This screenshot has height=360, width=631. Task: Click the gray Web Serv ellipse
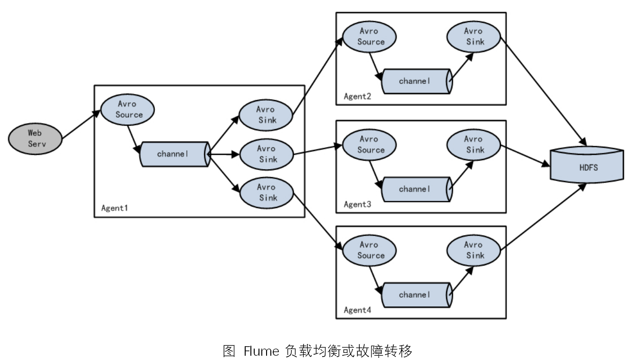[35, 138]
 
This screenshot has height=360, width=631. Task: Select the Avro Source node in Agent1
[129, 110]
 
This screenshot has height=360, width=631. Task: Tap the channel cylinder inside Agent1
[174, 154]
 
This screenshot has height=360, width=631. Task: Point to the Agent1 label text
[115, 208]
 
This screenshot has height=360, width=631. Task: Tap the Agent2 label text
[357, 96]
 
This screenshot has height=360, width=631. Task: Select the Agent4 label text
[357, 310]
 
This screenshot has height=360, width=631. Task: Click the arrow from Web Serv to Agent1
[81, 125]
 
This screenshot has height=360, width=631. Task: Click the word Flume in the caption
[261, 351]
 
